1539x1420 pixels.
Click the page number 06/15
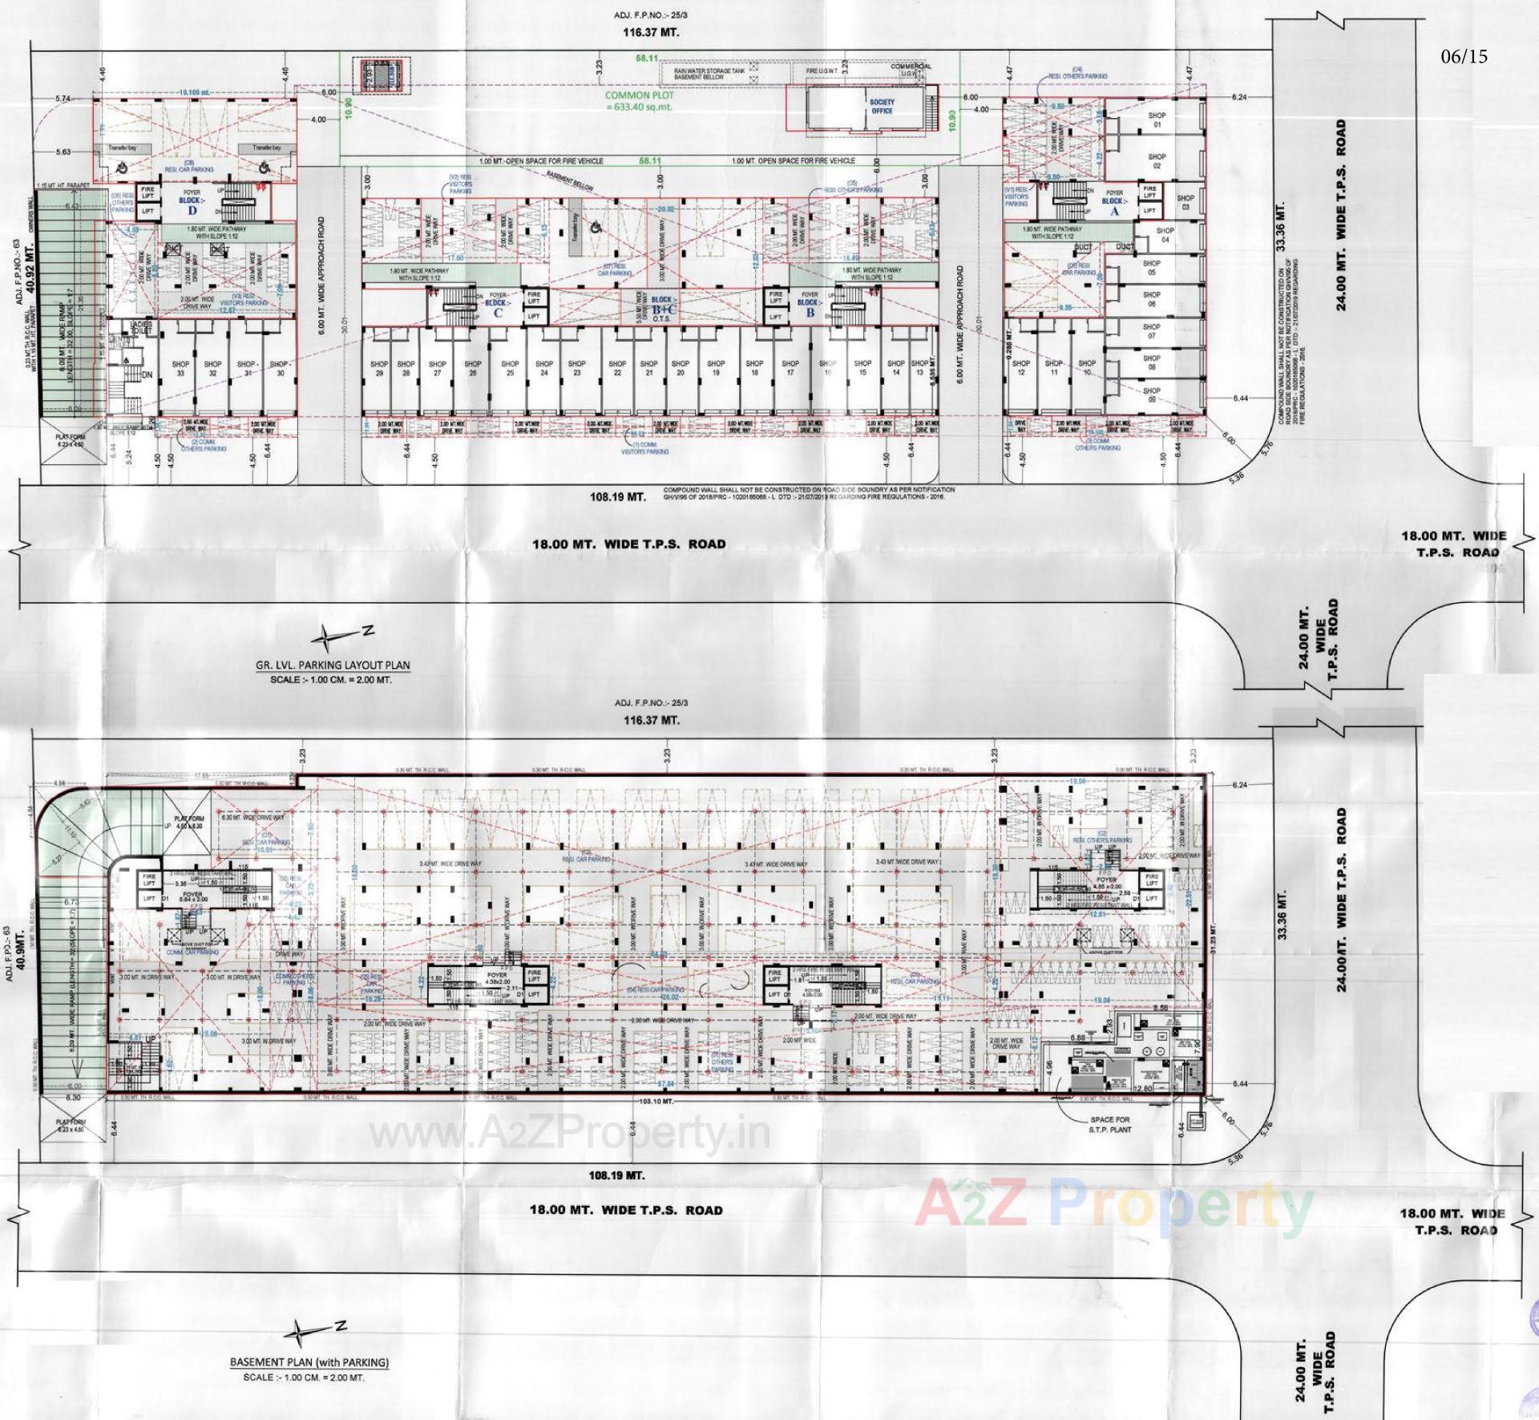pos(1464,56)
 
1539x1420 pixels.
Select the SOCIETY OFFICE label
pos(882,107)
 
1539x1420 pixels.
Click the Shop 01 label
pos(1157,120)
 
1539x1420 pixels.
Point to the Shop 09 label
pos(1152,394)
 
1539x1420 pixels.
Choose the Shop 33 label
pos(180,369)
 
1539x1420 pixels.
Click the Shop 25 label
pos(510,369)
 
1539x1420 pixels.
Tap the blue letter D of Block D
pos(192,211)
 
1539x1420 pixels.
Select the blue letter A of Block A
pos(1114,212)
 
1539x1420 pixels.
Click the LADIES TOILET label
pos(141,328)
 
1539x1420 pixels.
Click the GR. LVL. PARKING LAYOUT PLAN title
pos(333,665)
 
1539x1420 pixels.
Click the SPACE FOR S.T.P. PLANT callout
pos(1109,1124)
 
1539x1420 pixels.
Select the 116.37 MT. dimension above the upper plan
pos(651,32)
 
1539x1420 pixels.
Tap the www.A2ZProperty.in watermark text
pos(569,1133)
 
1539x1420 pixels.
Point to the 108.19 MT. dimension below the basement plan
pos(616,1175)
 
